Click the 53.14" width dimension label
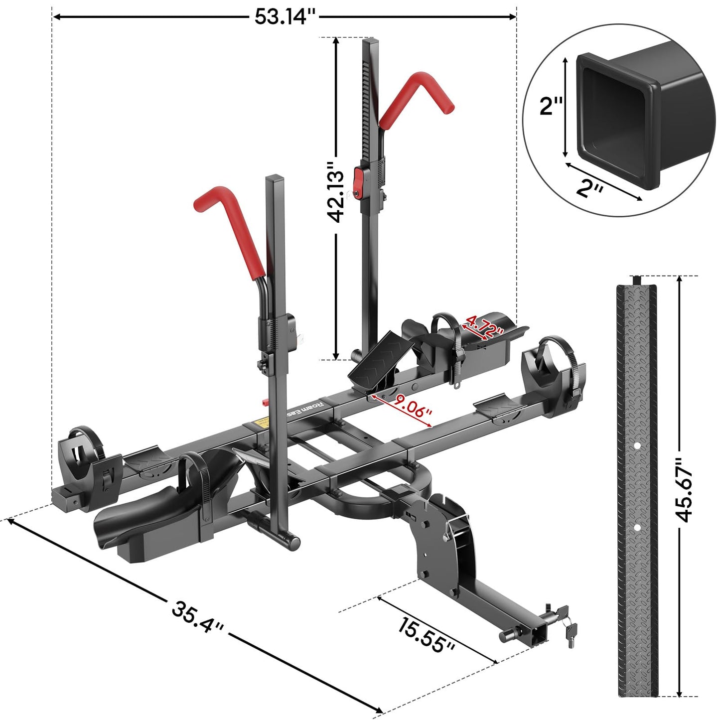[285, 17]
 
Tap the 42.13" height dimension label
[335, 192]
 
